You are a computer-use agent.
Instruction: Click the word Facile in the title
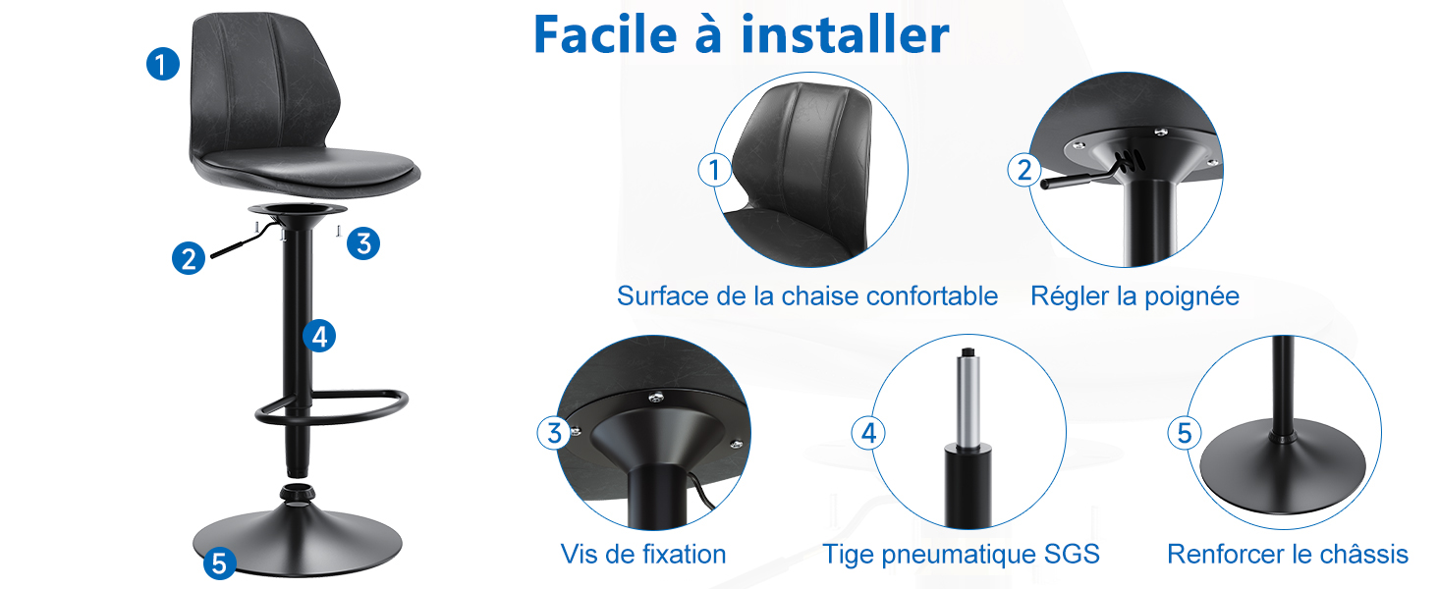click(x=605, y=34)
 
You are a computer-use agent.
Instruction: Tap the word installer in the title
click(x=845, y=34)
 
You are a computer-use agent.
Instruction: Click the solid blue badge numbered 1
click(x=163, y=64)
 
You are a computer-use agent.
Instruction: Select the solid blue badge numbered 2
click(x=188, y=258)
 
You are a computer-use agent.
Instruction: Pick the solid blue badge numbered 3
click(x=363, y=243)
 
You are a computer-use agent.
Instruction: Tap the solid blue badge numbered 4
click(x=319, y=336)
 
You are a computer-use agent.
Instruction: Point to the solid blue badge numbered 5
click(x=220, y=563)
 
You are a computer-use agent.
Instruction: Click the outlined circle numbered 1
click(x=714, y=170)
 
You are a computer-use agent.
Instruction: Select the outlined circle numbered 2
click(x=1023, y=170)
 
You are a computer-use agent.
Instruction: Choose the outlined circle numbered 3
click(x=554, y=433)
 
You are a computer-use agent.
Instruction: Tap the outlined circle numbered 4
click(x=868, y=433)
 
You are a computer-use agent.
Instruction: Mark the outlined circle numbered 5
click(x=1185, y=433)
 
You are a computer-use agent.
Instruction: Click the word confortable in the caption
click(x=931, y=296)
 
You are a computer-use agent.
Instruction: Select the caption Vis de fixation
click(x=643, y=554)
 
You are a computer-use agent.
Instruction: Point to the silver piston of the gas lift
click(x=968, y=400)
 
